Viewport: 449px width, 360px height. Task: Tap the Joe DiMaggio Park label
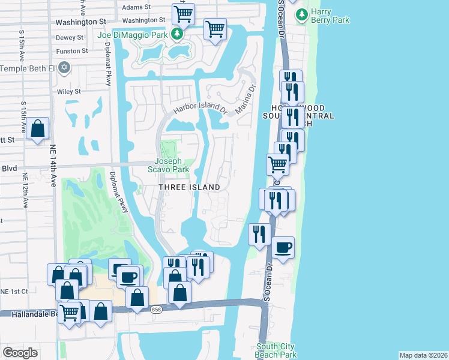tap(133, 34)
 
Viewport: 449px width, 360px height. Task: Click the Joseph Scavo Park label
tap(172, 165)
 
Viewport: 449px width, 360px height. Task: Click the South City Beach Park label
tap(276, 350)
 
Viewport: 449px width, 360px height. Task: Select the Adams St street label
tap(135, 8)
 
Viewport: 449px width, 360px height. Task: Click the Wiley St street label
tap(69, 92)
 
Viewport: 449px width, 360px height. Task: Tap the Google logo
tap(20, 353)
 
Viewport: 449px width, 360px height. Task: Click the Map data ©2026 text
tap(423, 355)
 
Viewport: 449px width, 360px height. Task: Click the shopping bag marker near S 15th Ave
tap(37, 128)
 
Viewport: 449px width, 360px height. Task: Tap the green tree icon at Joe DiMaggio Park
tap(176, 34)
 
